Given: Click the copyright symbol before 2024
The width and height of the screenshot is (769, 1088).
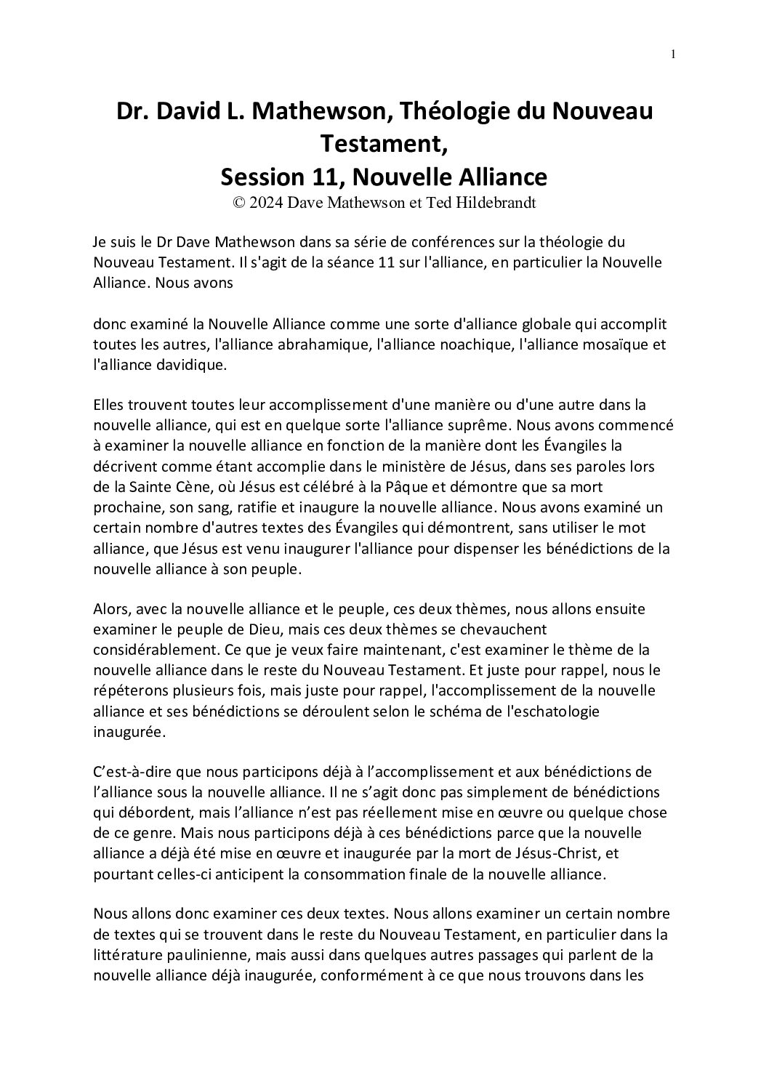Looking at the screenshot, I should [x=238, y=204].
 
